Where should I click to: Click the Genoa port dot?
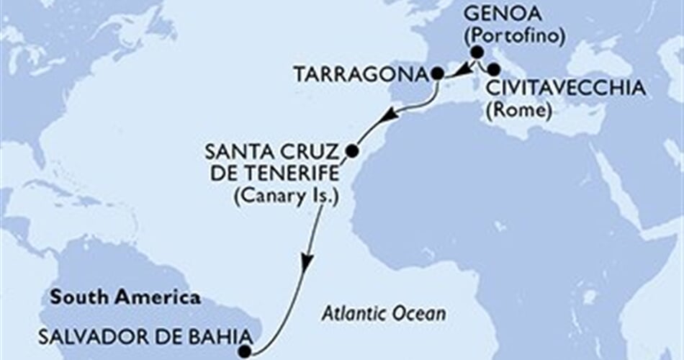477,52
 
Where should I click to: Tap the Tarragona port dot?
437,73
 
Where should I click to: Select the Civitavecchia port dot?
494,70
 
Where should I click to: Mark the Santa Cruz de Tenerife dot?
351,151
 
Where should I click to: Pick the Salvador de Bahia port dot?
246,351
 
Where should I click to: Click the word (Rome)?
518,110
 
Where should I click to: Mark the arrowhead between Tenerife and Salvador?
307,264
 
